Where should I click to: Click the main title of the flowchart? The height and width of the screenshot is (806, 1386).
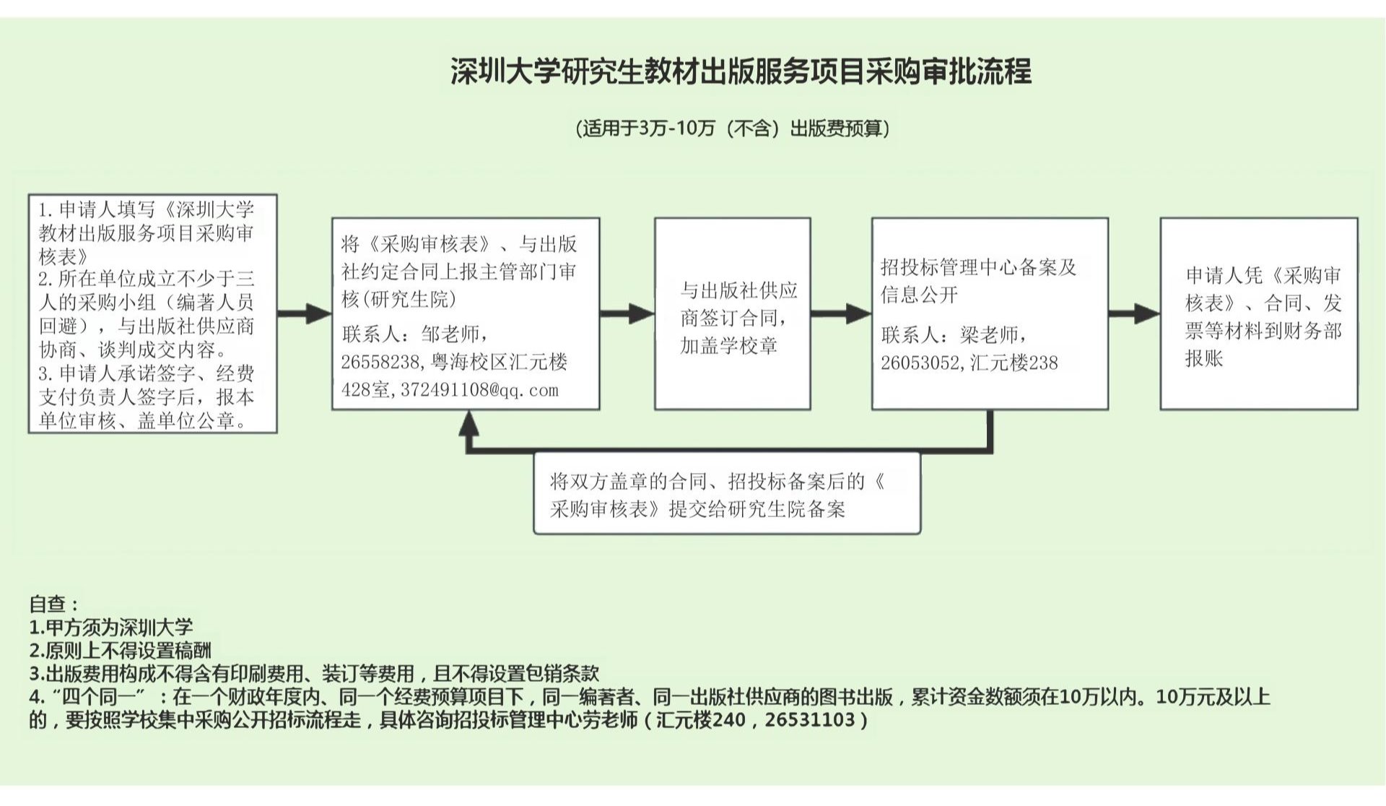pyautogui.click(x=741, y=71)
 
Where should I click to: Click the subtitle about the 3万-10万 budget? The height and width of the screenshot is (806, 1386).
pyautogui.click(x=732, y=129)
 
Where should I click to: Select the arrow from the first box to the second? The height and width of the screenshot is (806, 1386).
pyautogui.click(x=304, y=313)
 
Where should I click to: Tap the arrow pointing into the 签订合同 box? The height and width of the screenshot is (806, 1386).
pyautogui.click(x=627, y=313)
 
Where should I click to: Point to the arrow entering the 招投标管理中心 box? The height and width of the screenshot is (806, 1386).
pyautogui.click(x=841, y=313)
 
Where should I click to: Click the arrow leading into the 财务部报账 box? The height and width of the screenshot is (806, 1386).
pyautogui.click(x=1134, y=313)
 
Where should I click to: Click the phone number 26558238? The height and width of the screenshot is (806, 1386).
pyautogui.click(x=380, y=362)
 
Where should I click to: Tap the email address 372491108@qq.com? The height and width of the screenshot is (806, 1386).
pyautogui.click(x=479, y=390)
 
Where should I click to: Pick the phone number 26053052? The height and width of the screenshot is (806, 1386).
pyautogui.click(x=919, y=363)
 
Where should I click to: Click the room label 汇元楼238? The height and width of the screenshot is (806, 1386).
pyautogui.click(x=1014, y=363)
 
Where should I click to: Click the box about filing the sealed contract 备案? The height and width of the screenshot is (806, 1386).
pyautogui.click(x=727, y=494)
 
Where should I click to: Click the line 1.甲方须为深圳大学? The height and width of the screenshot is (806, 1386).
pyautogui.click(x=111, y=627)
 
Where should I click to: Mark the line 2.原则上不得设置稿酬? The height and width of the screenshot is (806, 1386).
pyautogui.click(x=120, y=650)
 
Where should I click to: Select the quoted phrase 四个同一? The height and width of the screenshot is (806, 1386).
pyautogui.click(x=99, y=697)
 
